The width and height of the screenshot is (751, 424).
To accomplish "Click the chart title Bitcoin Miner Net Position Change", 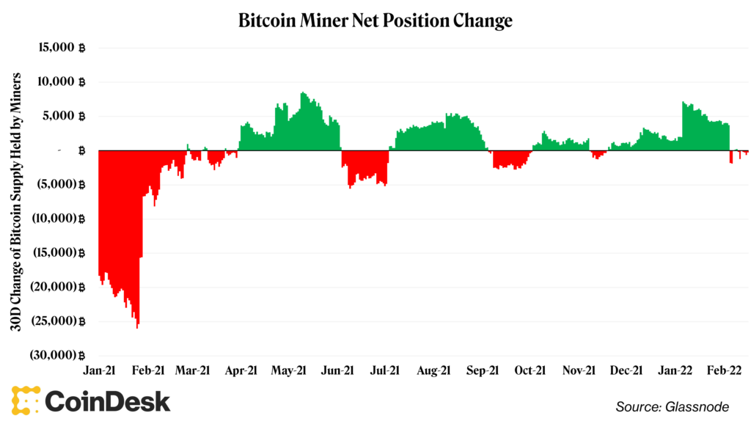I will point(375,21).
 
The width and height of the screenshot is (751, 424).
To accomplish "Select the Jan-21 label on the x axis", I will point(101,370).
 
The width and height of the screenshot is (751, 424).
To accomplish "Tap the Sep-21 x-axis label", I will point(483,370).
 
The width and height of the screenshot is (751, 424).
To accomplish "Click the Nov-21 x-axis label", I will point(579,370).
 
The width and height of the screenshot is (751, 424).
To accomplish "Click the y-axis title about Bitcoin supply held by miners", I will point(15,202).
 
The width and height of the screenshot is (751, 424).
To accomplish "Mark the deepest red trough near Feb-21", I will point(137,326).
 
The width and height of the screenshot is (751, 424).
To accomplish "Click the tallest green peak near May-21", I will point(302,94).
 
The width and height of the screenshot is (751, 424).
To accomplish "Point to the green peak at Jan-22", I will point(683,103).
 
